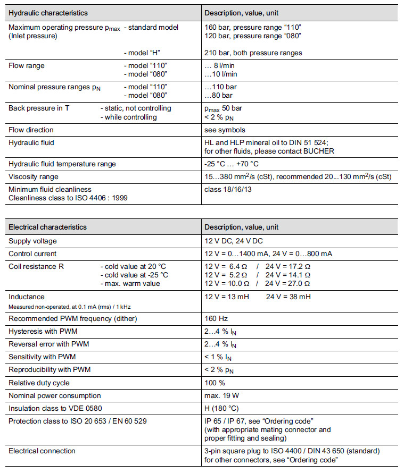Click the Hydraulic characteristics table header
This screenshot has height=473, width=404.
point(48,13)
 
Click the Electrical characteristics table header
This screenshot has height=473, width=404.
point(47,227)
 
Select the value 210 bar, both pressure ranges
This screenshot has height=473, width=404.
point(253,53)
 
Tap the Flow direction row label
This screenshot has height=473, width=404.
point(31,130)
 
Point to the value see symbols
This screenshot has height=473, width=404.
point(225,130)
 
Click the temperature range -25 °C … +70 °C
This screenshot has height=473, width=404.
point(232,164)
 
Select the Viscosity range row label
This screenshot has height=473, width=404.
point(34,176)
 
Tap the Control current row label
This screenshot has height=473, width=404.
point(32,254)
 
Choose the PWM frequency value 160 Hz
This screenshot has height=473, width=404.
point(216,318)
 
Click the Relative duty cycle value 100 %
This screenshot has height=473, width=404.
point(215,383)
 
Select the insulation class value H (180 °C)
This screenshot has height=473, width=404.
point(222,408)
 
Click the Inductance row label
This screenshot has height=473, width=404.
point(27,297)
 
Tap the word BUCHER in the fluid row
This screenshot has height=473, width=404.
point(319,151)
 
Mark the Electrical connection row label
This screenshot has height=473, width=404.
point(42,451)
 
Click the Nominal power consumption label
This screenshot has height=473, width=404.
point(55,395)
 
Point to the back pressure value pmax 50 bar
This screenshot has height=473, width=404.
point(223,108)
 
